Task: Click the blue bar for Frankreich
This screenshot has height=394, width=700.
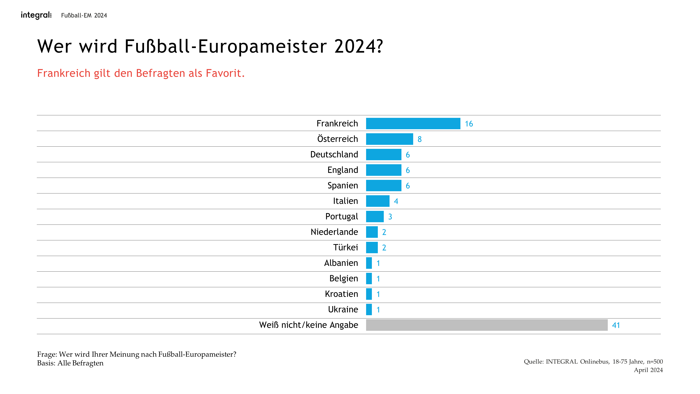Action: point(413,123)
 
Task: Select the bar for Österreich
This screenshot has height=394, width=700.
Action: point(389,139)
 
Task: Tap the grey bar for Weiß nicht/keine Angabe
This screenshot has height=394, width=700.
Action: point(487,325)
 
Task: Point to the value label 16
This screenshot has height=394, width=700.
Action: point(469,124)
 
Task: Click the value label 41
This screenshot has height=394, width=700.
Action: point(616,325)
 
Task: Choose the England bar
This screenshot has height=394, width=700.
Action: point(383,170)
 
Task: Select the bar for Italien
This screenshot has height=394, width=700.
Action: point(378,201)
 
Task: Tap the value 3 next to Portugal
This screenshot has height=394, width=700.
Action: point(390,217)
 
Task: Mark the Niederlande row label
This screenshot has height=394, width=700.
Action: point(334,232)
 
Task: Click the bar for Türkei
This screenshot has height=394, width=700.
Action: point(372,247)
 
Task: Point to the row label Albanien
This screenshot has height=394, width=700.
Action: point(341,263)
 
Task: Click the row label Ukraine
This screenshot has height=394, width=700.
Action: point(343,309)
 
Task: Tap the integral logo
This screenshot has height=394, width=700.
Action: point(36,15)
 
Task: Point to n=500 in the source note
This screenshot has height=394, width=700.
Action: point(655,362)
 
